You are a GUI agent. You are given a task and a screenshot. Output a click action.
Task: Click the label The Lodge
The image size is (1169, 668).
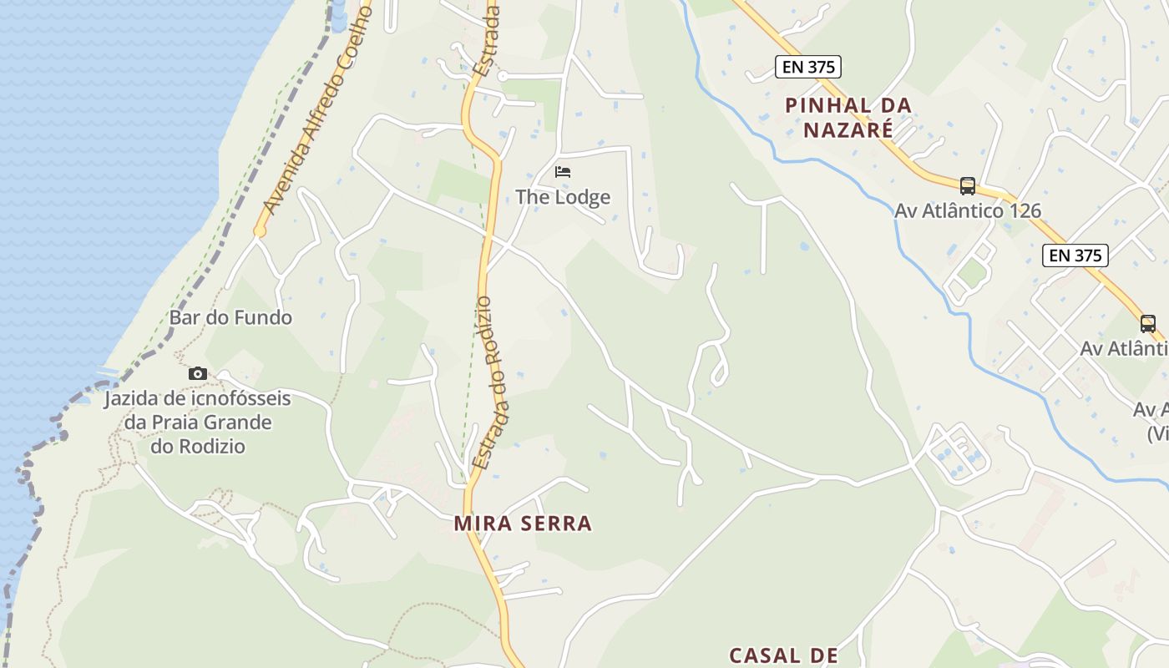pyautogui.click(x=563, y=197)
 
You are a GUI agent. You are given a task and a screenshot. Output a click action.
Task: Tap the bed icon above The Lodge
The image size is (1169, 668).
pyautogui.click(x=563, y=172)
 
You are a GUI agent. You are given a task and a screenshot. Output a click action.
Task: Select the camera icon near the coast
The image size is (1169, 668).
pyautogui.click(x=198, y=373)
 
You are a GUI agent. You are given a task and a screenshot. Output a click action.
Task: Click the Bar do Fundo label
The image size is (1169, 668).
pyautogui.click(x=230, y=317)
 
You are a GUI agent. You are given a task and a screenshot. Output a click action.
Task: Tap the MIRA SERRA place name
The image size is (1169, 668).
pyautogui.click(x=523, y=524)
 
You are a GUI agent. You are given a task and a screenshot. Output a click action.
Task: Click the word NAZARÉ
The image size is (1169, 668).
pyautogui.click(x=848, y=129)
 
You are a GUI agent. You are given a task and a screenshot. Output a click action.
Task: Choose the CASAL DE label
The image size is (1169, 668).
pyautogui.click(x=783, y=655)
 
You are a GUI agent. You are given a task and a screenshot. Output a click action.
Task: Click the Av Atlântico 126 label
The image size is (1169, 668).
pyautogui.click(x=968, y=210)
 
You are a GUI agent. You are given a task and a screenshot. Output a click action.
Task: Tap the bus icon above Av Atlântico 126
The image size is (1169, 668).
pyautogui.click(x=968, y=185)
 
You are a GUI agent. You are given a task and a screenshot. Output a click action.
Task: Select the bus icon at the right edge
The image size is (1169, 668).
pyautogui.click(x=1148, y=323)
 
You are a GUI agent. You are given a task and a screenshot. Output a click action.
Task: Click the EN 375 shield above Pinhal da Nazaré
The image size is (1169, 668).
pyautogui.click(x=807, y=67)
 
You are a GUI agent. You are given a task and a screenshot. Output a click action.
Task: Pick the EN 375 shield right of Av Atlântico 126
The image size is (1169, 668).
pyautogui.click(x=1075, y=256)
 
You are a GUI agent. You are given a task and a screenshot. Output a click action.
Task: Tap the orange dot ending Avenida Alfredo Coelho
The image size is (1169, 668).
pyautogui.click(x=260, y=231)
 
